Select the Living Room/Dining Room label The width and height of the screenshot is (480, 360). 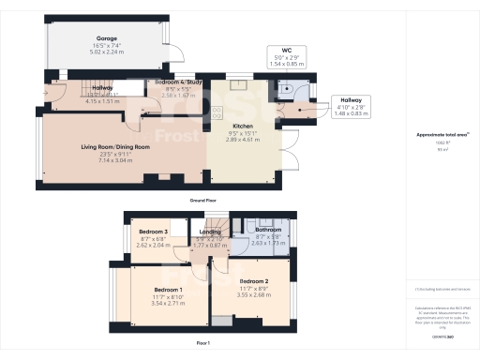tap(113, 145)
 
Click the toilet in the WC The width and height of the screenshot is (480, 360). tap(291, 82)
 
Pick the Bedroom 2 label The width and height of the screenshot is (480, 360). tap(254, 281)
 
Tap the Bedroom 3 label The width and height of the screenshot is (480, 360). tap(154, 232)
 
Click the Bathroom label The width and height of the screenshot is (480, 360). tap(267, 230)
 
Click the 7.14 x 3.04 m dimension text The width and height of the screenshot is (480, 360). tap(113, 160)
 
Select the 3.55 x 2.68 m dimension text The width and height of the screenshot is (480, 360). tap(254, 295)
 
